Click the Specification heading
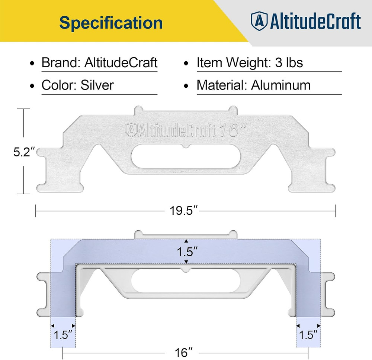coord(111,23)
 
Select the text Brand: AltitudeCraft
coord(99,62)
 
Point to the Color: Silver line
coord(77,85)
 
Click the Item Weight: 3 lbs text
coord(250,62)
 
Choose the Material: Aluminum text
coord(253,85)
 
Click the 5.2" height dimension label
coord(25,152)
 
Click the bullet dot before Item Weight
coord(187,63)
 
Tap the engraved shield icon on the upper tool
coord(131,129)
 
